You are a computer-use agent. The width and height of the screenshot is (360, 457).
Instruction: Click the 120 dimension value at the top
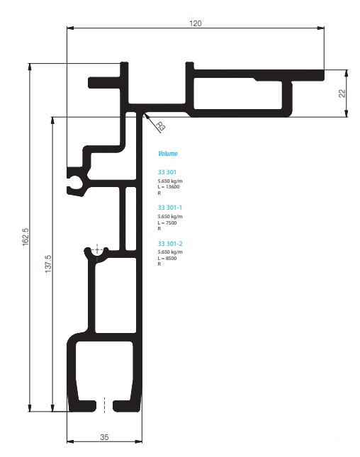click(x=196, y=23)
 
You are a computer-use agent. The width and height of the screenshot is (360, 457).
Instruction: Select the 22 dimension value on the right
click(x=342, y=94)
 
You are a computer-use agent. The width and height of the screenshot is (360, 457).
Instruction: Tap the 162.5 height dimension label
click(x=26, y=237)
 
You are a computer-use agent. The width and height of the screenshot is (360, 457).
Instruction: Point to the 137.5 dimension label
click(x=48, y=264)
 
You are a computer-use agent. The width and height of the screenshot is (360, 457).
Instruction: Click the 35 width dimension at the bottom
click(x=104, y=437)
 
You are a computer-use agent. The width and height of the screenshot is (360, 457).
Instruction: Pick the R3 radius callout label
click(x=160, y=126)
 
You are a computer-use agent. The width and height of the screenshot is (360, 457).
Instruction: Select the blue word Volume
click(x=168, y=154)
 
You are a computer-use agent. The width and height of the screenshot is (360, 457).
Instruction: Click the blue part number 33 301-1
click(x=169, y=208)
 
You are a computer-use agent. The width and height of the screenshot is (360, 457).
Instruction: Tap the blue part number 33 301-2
click(x=170, y=244)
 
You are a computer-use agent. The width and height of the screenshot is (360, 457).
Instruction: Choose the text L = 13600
click(x=169, y=187)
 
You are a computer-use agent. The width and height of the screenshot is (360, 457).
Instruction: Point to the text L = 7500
click(x=167, y=223)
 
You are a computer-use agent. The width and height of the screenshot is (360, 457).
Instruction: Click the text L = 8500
click(x=167, y=258)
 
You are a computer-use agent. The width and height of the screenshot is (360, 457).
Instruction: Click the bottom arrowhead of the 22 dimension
click(x=346, y=113)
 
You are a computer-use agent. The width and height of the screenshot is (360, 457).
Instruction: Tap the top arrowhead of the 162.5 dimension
click(x=29, y=67)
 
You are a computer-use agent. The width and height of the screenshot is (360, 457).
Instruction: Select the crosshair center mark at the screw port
click(x=97, y=250)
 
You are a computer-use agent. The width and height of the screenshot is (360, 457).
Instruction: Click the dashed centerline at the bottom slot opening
click(x=104, y=405)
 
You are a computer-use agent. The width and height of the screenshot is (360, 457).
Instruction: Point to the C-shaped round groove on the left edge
click(x=74, y=181)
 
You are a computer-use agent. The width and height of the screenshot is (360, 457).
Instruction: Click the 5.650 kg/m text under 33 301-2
click(x=170, y=252)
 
